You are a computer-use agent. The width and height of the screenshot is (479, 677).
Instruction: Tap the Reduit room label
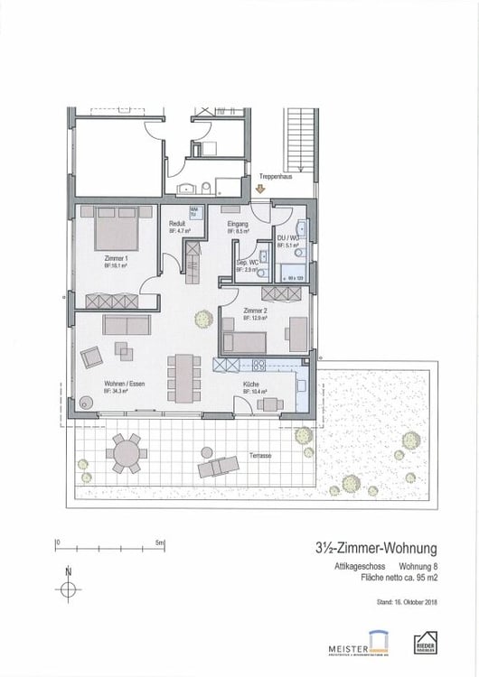click(x=179, y=227)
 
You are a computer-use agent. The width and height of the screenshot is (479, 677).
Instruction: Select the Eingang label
click(x=238, y=227)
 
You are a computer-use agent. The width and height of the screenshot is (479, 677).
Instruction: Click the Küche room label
click(x=252, y=385)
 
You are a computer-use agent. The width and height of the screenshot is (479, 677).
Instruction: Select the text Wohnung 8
click(x=417, y=566)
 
